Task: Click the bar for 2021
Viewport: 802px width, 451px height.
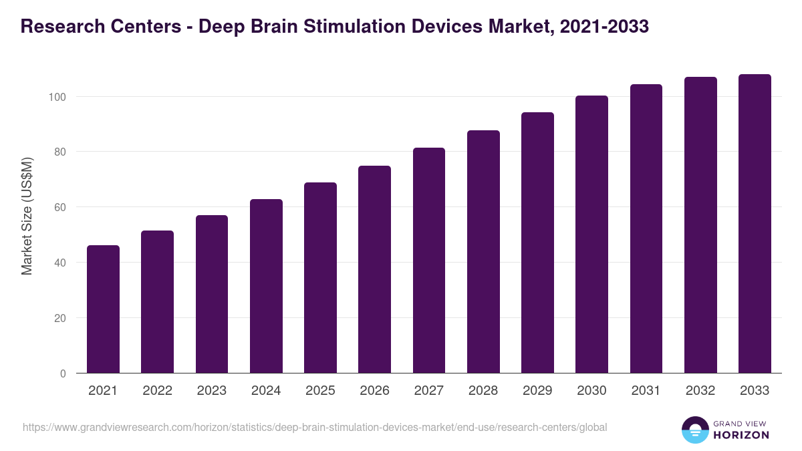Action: pos(103,309)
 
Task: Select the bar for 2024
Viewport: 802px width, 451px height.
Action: pos(266,286)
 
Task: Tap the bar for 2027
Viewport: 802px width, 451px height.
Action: pos(429,261)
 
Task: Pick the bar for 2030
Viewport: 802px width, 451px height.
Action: pos(591,235)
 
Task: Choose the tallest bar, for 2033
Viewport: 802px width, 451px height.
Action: pos(755,224)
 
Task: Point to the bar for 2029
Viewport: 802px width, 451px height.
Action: pos(537,243)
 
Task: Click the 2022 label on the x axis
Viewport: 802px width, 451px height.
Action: pos(157,391)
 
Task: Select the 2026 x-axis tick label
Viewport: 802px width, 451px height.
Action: pos(374,391)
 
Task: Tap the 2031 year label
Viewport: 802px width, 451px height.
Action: pos(646,391)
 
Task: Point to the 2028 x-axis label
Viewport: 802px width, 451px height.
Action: pos(483,391)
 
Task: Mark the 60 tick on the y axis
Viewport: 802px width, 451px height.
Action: pos(60,207)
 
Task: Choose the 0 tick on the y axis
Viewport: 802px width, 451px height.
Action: pos(63,373)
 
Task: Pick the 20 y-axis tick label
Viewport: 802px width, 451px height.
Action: pos(60,318)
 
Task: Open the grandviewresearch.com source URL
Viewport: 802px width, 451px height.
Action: pos(315,427)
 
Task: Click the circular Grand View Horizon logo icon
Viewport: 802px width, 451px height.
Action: pos(694,430)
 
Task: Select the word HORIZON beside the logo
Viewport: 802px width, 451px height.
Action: pos(741,435)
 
